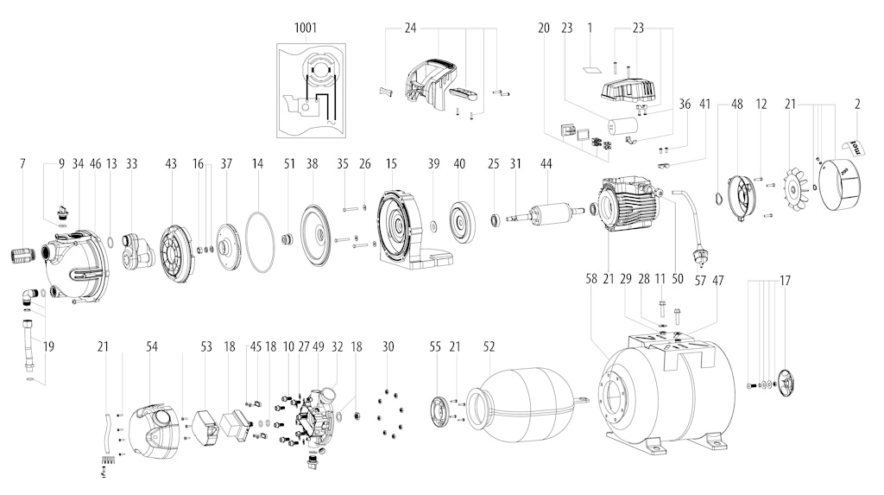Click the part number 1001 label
305,28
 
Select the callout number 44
546,163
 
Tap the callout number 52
489,346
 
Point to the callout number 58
590,279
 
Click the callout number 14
257,163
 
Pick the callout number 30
388,346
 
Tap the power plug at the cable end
701,257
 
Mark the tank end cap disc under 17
785,382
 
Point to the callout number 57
700,280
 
